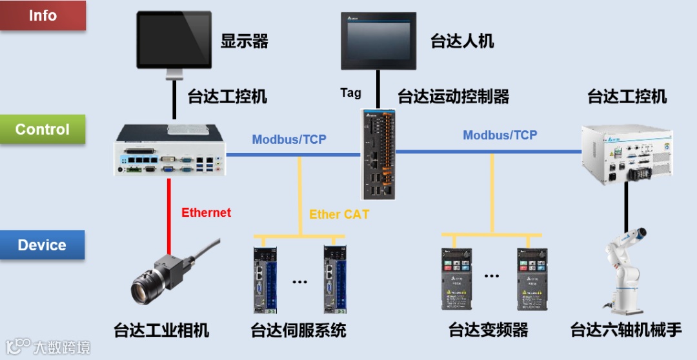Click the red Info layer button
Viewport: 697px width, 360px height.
click(x=43, y=15)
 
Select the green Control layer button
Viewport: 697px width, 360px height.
click(x=43, y=130)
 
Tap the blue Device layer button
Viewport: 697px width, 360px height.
click(x=43, y=245)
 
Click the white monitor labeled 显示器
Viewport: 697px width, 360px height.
click(x=174, y=40)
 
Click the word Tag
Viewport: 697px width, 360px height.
click(x=351, y=93)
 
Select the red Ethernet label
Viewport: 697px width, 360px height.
click(x=206, y=213)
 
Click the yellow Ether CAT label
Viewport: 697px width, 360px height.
click(x=339, y=215)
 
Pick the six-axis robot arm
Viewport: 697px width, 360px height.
click(x=625, y=272)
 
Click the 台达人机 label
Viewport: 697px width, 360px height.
click(x=462, y=41)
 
